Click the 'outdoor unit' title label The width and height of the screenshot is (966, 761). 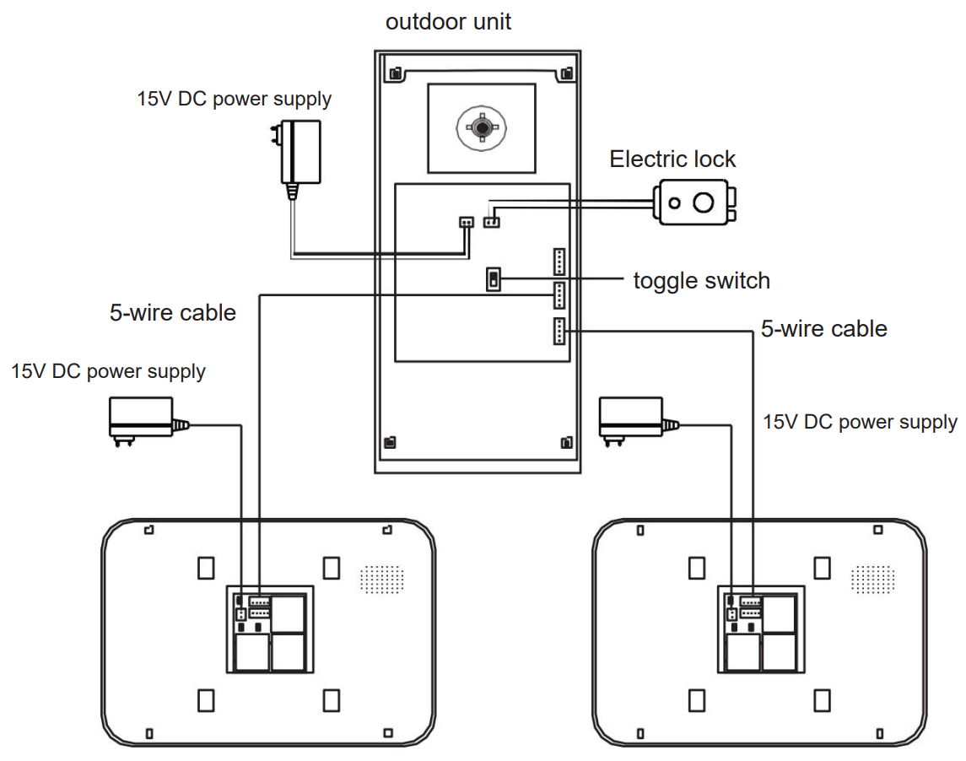[x=448, y=21]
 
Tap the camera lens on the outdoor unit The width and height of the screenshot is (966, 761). [x=482, y=128]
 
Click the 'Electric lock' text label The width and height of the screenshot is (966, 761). [x=672, y=159]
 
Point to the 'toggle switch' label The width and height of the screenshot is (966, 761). [x=701, y=280]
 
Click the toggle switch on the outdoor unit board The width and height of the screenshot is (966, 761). [x=494, y=279]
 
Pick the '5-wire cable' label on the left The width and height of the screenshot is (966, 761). [x=172, y=313]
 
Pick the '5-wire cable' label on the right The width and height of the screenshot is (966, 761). [x=823, y=328]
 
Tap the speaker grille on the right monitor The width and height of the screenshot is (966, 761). [x=872, y=579]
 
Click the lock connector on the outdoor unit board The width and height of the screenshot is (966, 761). [x=491, y=222]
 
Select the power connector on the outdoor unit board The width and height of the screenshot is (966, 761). [x=466, y=222]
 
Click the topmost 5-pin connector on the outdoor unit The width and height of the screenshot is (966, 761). [x=559, y=262]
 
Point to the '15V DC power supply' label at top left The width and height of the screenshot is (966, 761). [x=234, y=99]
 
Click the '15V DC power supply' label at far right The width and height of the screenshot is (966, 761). [x=860, y=422]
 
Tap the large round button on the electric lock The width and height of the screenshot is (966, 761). [x=703, y=202]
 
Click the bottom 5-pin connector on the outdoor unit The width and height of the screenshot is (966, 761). [x=559, y=332]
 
